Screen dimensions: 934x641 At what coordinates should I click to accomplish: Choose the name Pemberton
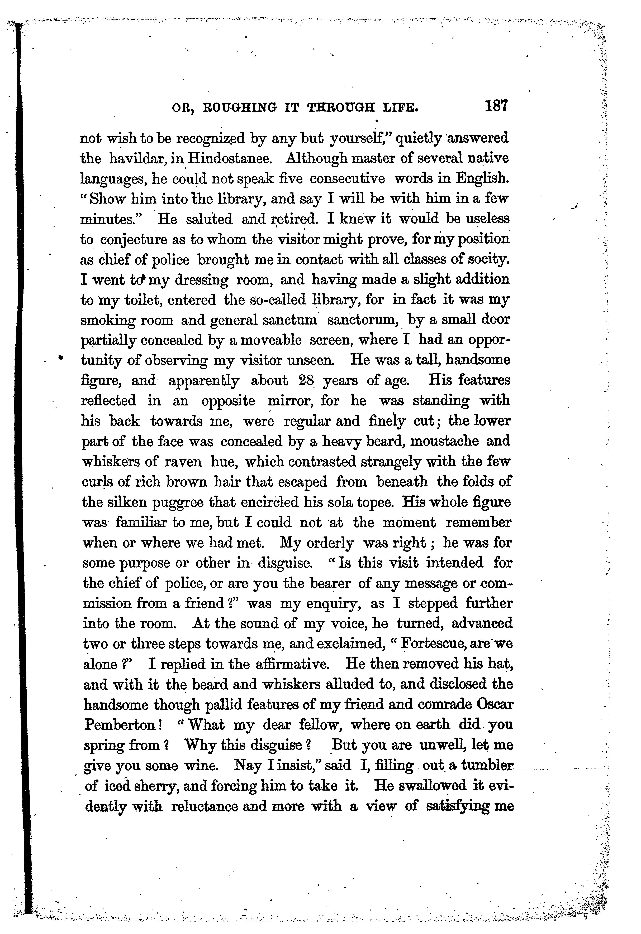click(x=119, y=725)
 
